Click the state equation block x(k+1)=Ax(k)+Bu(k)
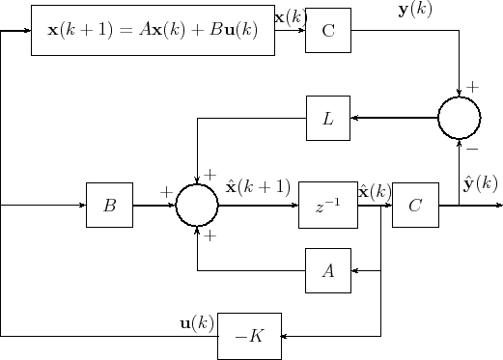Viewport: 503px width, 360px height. (x=153, y=30)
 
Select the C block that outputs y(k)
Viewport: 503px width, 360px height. (x=327, y=30)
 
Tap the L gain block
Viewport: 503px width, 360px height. (x=327, y=119)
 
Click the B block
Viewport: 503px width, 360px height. (x=109, y=205)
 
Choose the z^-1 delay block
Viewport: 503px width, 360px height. (x=327, y=205)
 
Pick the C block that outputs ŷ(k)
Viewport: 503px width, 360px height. (x=415, y=205)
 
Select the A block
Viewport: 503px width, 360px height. (x=327, y=270)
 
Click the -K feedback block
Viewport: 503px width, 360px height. (x=249, y=335)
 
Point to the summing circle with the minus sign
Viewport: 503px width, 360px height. (x=459, y=118)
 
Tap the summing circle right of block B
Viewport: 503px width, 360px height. (x=197, y=205)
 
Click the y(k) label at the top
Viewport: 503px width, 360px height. (x=415, y=10)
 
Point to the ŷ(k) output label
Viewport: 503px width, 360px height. (x=480, y=183)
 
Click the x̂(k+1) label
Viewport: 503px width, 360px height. (x=258, y=185)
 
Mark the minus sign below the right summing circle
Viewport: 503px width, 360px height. (x=472, y=150)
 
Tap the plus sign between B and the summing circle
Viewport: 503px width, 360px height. (x=166, y=192)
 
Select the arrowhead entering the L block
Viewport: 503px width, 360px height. (x=354, y=118)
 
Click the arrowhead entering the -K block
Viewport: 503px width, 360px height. (x=285, y=335)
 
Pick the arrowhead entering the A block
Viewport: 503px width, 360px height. (x=354, y=270)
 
